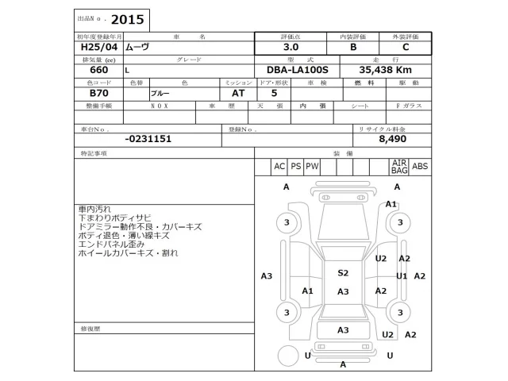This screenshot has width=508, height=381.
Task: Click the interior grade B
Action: click(353, 48)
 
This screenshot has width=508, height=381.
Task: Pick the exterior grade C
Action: click(406, 48)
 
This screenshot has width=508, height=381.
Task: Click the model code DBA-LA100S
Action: click(302, 70)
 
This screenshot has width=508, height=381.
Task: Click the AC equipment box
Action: click(279, 166)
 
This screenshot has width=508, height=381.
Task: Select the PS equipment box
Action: click(295, 166)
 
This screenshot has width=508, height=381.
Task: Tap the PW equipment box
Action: click(312, 166)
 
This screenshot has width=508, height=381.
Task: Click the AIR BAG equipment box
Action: click(399, 166)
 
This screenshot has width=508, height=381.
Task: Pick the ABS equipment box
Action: click(420, 166)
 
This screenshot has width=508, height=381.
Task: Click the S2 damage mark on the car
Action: click(343, 272)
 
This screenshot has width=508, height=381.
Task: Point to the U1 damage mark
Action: click(402, 275)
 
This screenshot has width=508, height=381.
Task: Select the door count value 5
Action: click(263, 93)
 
